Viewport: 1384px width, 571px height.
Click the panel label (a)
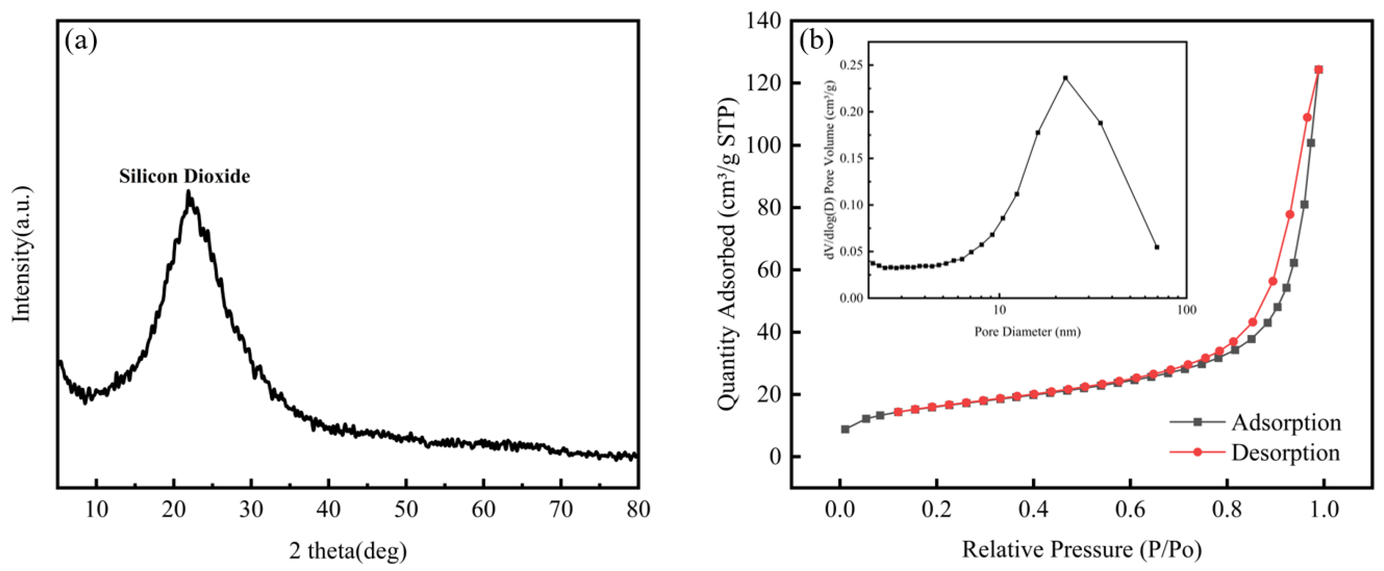pyautogui.click(x=81, y=41)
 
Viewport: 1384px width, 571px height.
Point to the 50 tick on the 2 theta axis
pyautogui.click(x=406, y=509)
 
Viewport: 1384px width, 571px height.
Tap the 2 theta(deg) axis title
pyautogui.click(x=348, y=551)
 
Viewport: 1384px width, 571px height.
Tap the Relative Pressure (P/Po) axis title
pyautogui.click(x=1081, y=549)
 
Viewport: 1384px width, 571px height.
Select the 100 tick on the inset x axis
pyautogui.click(x=1186, y=310)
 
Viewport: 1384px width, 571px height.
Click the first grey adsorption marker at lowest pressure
pyautogui.click(x=845, y=429)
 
